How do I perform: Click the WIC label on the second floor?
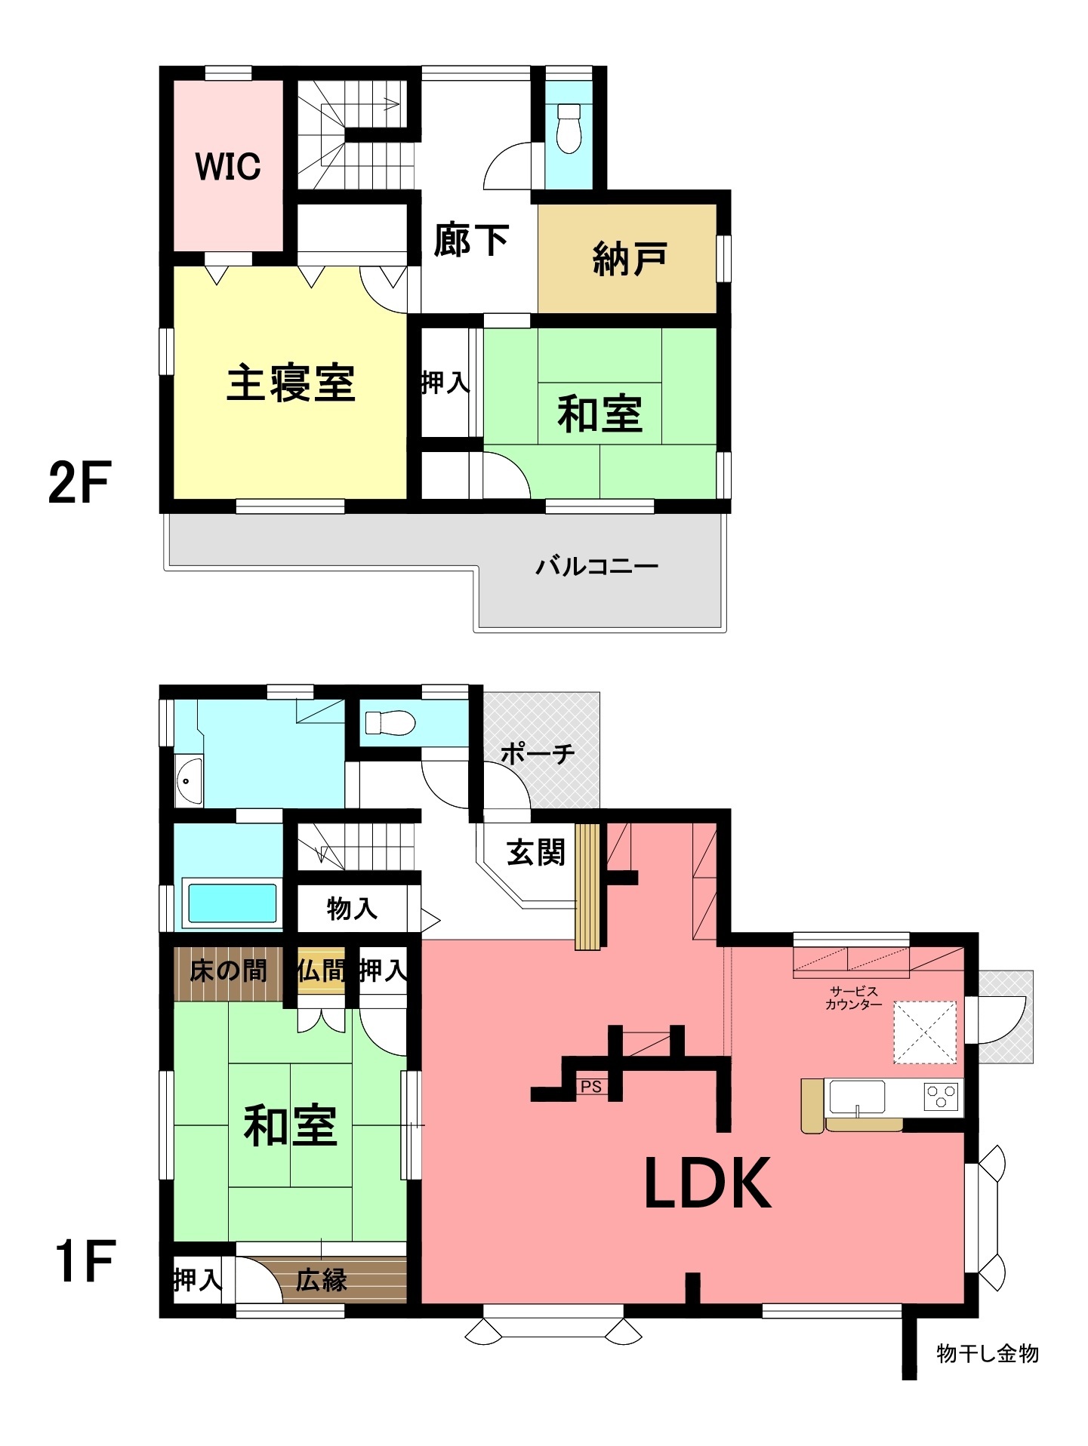click(x=228, y=166)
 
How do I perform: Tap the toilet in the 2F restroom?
click(x=568, y=128)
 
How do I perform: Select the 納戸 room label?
click(x=630, y=259)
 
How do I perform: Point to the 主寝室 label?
click(x=291, y=383)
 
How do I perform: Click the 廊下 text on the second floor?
click(x=471, y=240)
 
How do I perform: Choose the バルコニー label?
click(x=597, y=565)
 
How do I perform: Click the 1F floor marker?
click(x=84, y=1260)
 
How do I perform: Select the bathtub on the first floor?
click(x=232, y=903)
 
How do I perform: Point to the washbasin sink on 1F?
click(x=188, y=780)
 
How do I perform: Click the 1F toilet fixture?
click(x=390, y=723)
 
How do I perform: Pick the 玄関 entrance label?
click(x=535, y=853)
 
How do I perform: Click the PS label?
click(x=591, y=1087)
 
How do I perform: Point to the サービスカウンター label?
click(x=854, y=998)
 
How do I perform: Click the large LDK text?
click(x=707, y=1183)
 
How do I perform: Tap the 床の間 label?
click(x=228, y=970)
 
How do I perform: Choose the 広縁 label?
click(x=321, y=1278)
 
